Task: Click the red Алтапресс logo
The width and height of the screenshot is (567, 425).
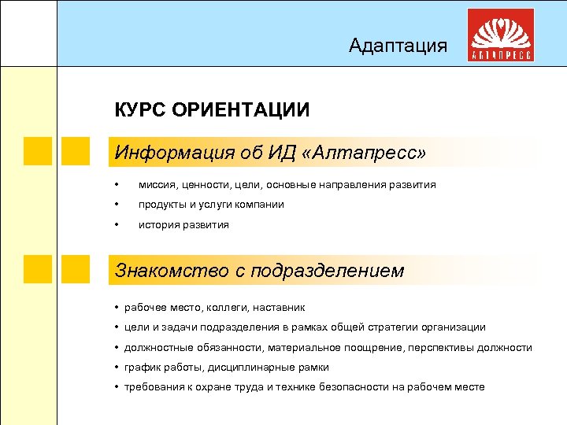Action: [x=502, y=36]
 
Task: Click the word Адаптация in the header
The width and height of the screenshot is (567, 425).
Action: [x=398, y=46]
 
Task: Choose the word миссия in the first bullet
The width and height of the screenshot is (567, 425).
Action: [x=158, y=184]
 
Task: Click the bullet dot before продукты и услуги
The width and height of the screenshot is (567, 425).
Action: [x=117, y=205]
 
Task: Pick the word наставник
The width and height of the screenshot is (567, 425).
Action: [x=279, y=308]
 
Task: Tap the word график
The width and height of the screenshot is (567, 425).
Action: [x=142, y=368]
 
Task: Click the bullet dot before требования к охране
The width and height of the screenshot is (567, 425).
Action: [x=117, y=387]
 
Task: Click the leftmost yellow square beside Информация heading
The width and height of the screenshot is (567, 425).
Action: [x=37, y=151]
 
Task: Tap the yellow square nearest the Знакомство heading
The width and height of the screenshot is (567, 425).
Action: [x=76, y=269]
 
